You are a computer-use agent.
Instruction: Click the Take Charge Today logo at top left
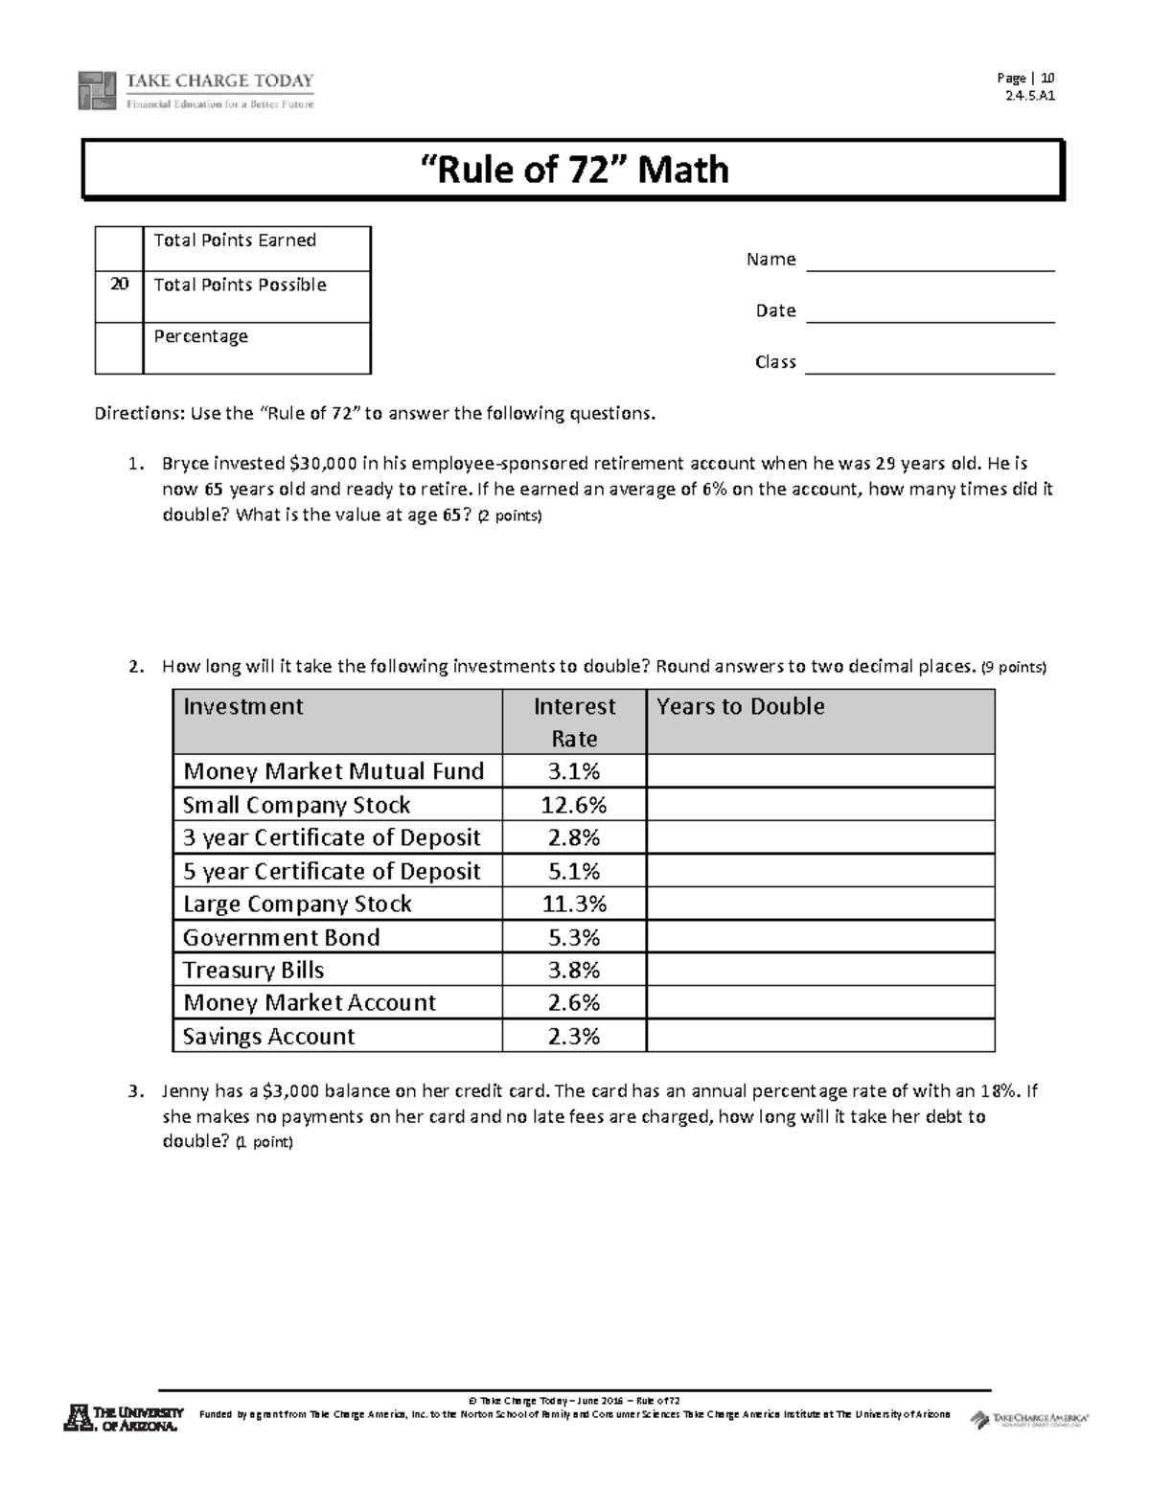click(195, 90)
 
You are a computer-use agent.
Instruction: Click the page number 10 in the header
click(1047, 79)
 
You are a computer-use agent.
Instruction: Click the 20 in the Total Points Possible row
click(119, 286)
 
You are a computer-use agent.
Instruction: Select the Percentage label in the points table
click(201, 336)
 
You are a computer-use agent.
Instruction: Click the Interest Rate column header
click(574, 722)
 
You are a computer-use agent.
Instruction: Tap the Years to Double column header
click(740, 707)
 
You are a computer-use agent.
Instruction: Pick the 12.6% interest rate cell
click(574, 805)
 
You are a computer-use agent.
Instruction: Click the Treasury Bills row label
click(253, 970)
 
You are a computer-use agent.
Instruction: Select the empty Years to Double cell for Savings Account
click(820, 1036)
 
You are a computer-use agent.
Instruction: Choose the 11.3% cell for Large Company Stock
click(574, 904)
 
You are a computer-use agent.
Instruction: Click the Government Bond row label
click(281, 937)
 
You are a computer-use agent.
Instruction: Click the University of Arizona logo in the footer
click(123, 1418)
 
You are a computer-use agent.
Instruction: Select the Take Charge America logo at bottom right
click(1029, 1419)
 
